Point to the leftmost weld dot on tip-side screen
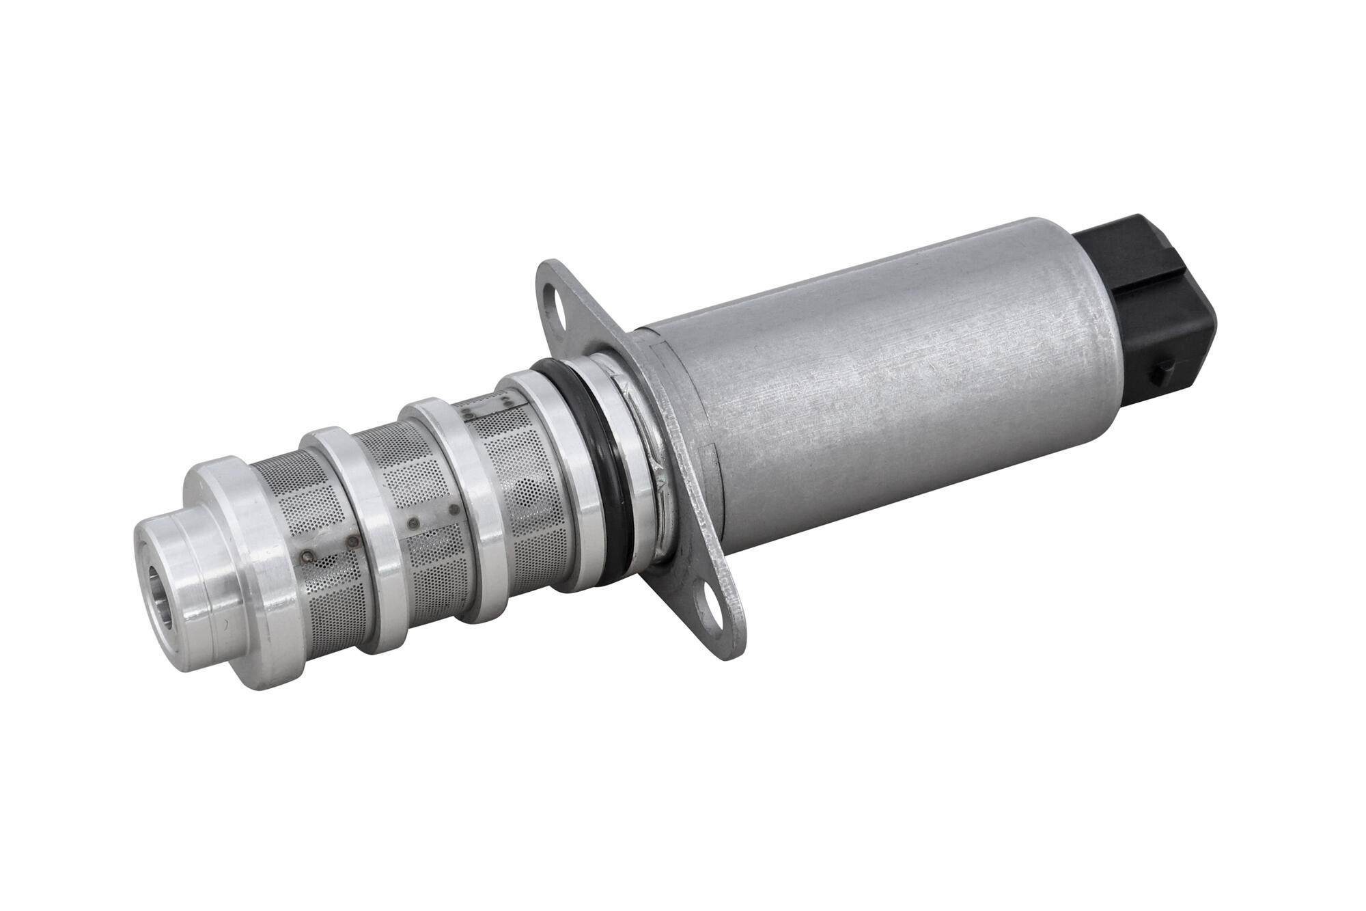[x=307, y=556]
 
